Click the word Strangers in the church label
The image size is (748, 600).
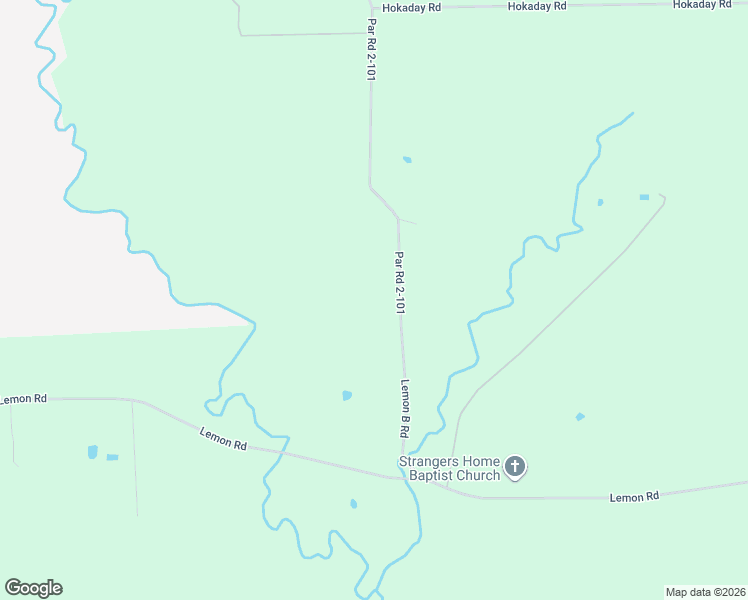coord(428,461)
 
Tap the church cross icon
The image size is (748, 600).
coord(515,466)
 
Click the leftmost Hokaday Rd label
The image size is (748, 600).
coord(411,6)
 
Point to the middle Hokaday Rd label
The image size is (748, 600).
coord(537,6)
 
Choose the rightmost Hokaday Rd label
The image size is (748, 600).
coord(702,5)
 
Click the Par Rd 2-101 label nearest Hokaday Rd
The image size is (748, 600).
coord(372,49)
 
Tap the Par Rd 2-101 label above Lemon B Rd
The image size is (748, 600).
coord(399,283)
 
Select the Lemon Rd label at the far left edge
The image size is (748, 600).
coord(22,399)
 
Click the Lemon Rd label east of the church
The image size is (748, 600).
coord(634,496)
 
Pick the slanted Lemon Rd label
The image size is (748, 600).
coord(223,438)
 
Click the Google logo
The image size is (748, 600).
coord(33,588)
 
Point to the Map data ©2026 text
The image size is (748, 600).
coord(705,591)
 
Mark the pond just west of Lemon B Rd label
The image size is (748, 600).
coord(347,395)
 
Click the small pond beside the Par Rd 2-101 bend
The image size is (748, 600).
coord(407,159)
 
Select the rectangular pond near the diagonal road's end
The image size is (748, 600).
coord(644,197)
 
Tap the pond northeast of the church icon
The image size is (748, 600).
coord(580,416)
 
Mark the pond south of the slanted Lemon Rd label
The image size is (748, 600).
coord(353,503)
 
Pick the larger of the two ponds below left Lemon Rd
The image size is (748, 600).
coord(93,452)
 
